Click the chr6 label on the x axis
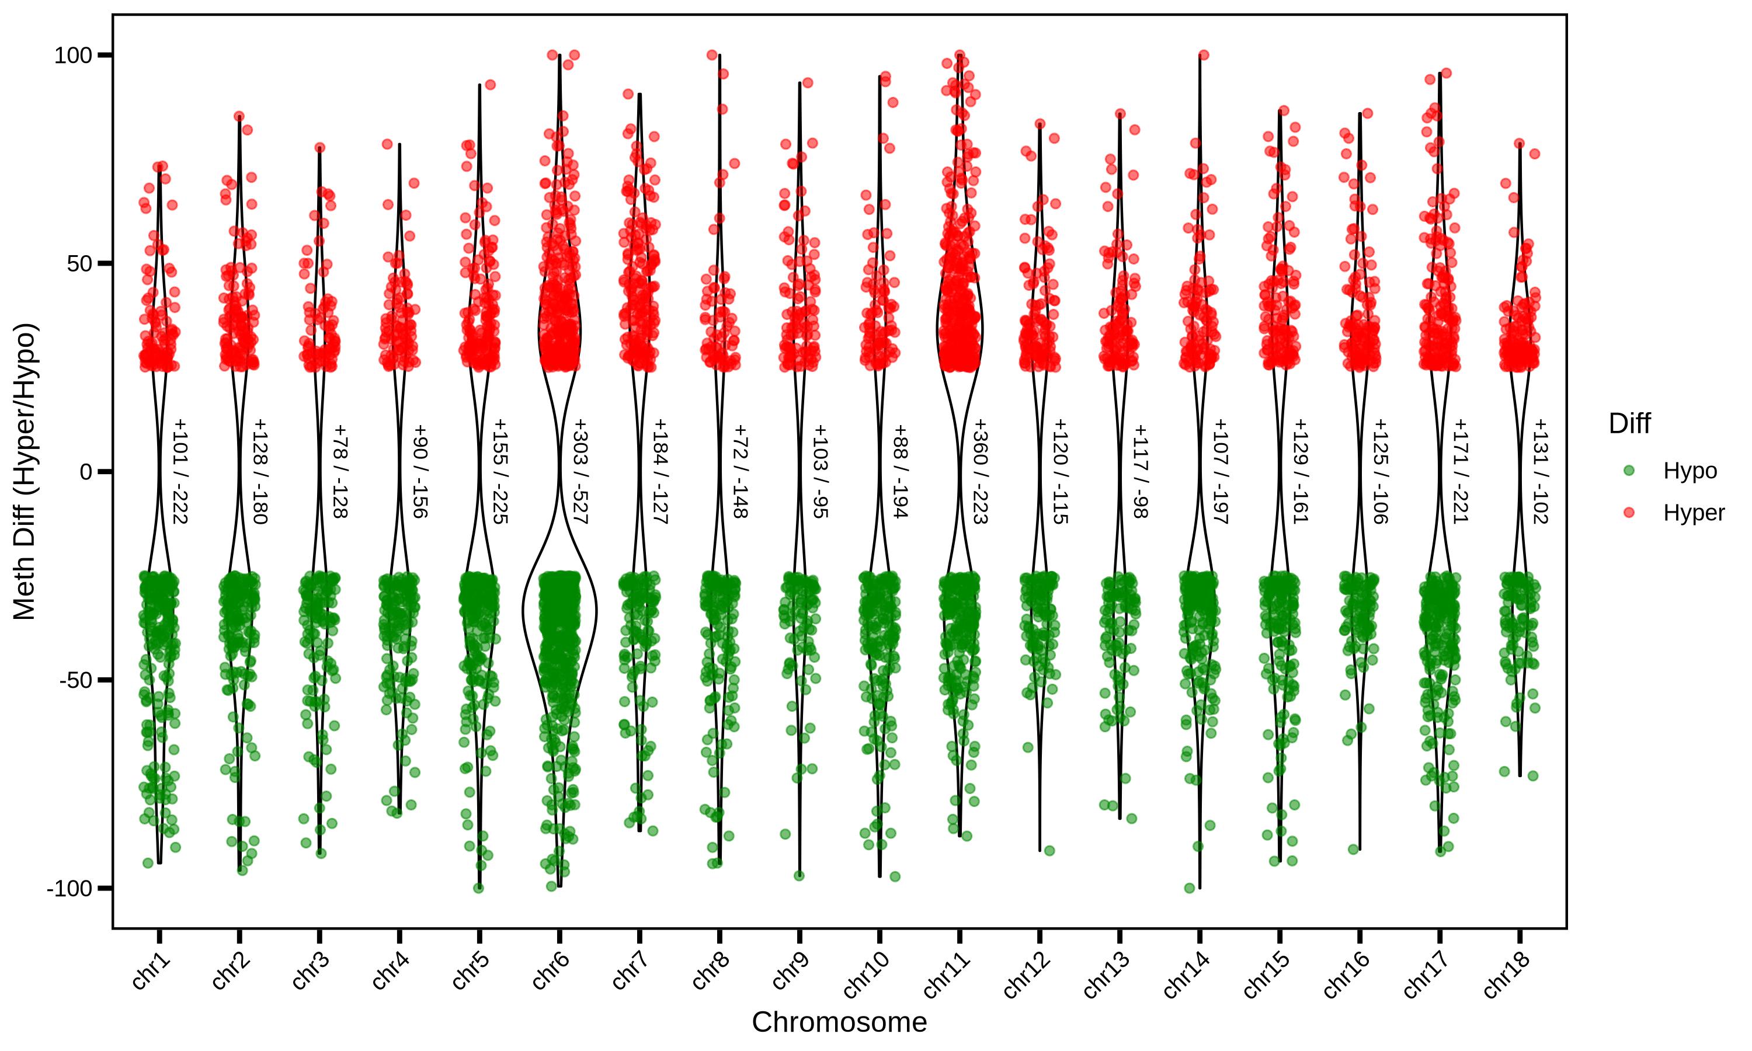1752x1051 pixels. (550, 971)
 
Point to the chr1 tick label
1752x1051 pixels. (151, 971)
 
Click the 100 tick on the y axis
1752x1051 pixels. (73, 55)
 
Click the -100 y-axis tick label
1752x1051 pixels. (69, 888)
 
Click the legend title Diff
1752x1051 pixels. (1629, 423)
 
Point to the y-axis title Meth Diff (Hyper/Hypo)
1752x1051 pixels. (25, 472)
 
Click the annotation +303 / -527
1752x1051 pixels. (580, 472)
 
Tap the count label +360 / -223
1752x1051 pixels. (980, 472)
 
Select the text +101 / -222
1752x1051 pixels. (180, 472)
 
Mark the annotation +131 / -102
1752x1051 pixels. (1540, 472)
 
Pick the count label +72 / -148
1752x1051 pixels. (740, 472)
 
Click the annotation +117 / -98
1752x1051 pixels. (1140, 472)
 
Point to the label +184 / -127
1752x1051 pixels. (660, 472)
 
